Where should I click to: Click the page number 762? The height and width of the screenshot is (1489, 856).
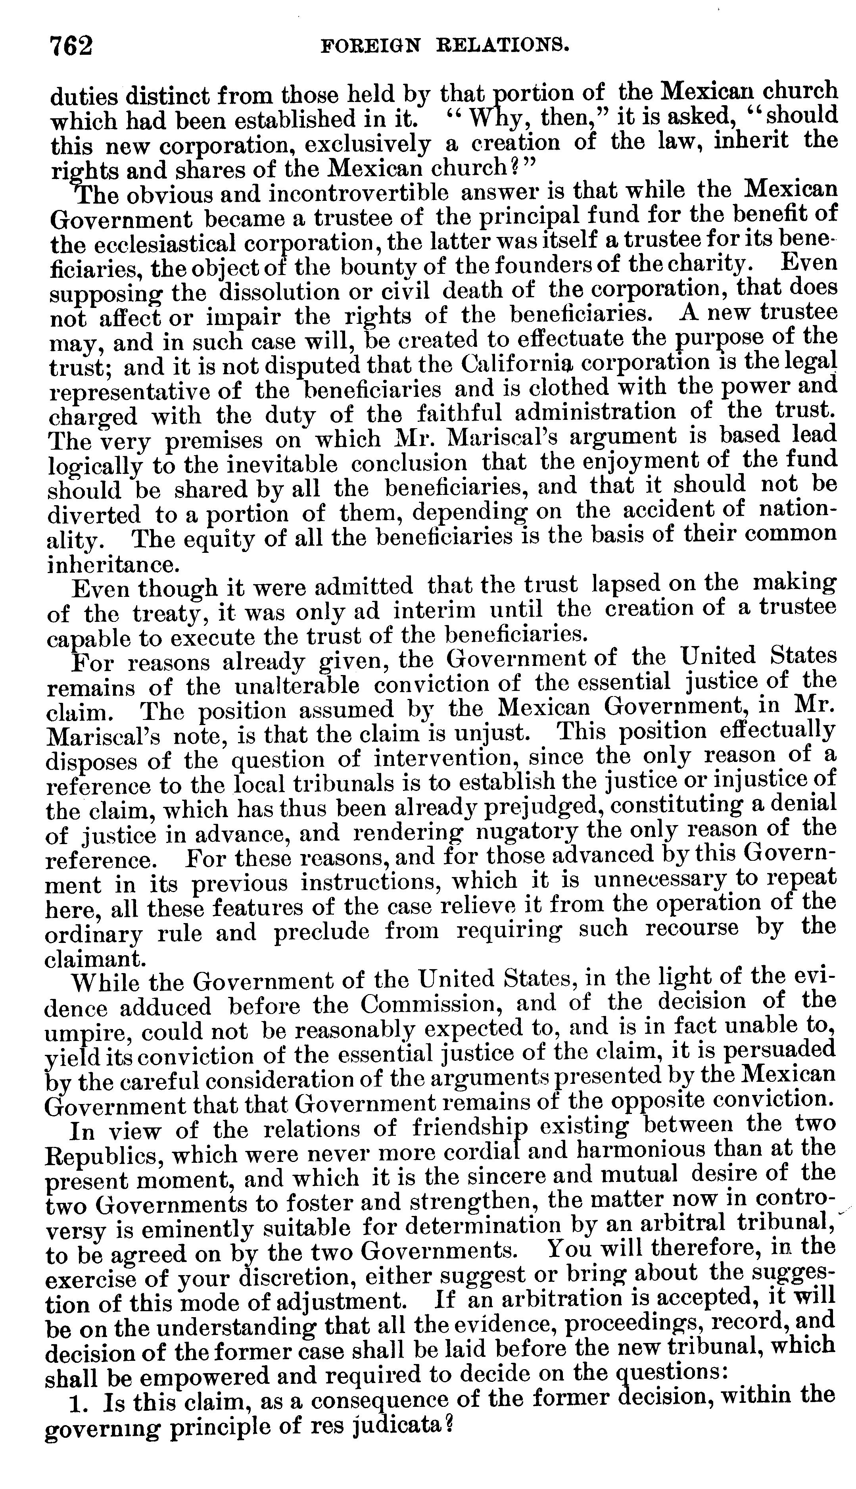[x=72, y=46]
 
